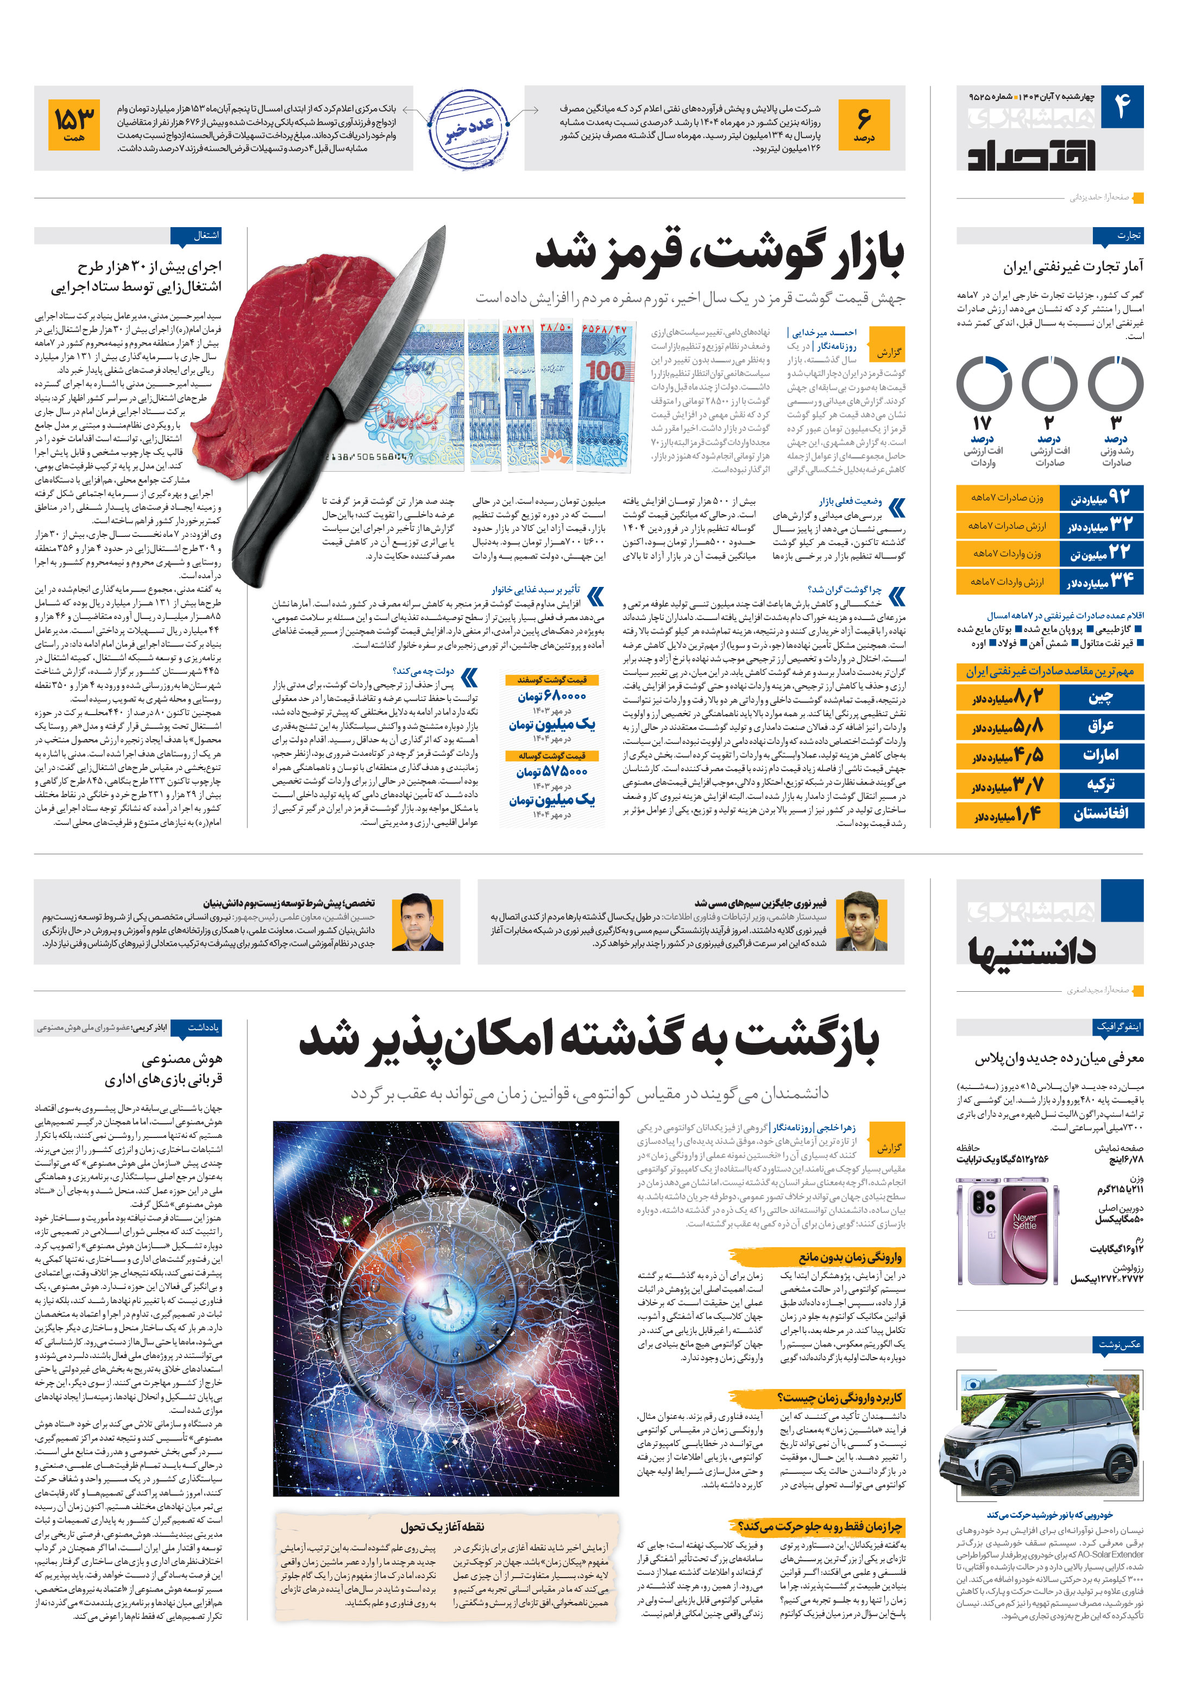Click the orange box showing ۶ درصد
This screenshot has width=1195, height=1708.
[863, 124]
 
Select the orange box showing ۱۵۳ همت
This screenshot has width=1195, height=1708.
[74, 124]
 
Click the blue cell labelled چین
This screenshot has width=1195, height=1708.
[1102, 697]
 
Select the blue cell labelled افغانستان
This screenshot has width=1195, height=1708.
[1102, 813]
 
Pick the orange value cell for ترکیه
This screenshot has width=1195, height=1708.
[1008, 784]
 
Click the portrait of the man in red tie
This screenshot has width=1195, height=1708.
[417, 922]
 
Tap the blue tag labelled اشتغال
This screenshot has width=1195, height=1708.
[196, 236]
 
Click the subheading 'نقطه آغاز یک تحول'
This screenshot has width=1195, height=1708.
[443, 1526]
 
